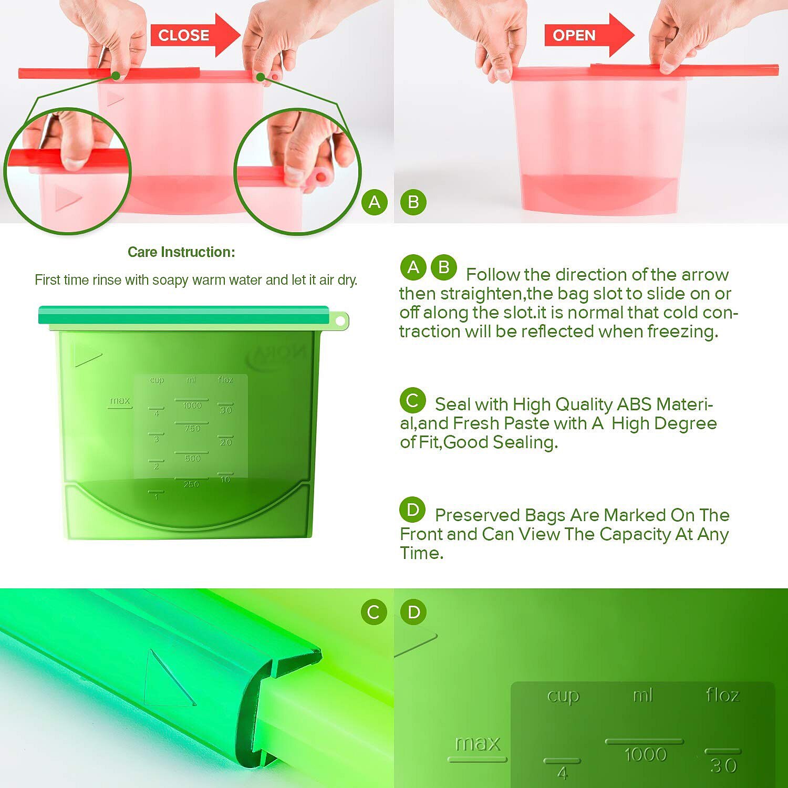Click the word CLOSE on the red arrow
[x=183, y=35]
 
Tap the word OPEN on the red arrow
[x=574, y=35]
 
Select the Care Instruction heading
[x=181, y=252]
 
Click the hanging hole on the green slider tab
[x=340, y=320]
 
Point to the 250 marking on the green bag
[x=191, y=484]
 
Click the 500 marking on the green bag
[x=192, y=458]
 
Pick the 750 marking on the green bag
[x=192, y=428]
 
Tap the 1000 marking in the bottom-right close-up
[x=645, y=755]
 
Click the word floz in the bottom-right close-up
[x=723, y=695]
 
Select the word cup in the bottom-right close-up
[x=563, y=696]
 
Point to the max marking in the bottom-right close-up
[x=478, y=743]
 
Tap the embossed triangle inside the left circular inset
[x=67, y=199]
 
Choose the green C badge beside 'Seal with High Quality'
[x=412, y=400]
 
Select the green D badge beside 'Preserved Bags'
[x=412, y=510]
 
